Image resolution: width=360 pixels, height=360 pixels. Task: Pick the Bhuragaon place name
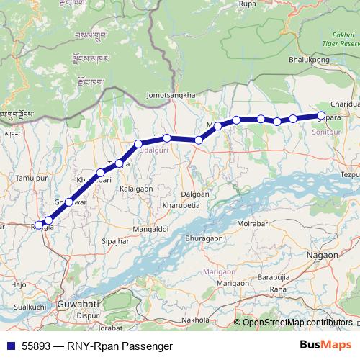[x=204, y=238]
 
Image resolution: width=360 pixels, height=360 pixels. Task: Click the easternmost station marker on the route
[x=322, y=115]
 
